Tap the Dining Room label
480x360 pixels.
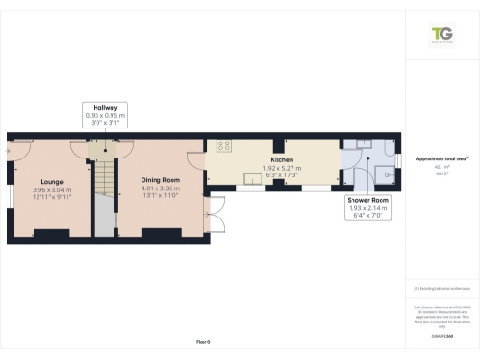158,179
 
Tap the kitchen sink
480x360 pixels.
251,178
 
